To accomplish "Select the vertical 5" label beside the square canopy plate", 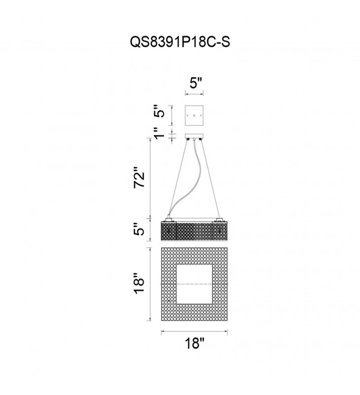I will tap(158, 116).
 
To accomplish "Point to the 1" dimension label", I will tap(158, 135).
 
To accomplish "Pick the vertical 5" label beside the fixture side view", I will tap(141, 230).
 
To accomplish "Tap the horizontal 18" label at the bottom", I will tap(194, 344).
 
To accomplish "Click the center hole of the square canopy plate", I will tap(195, 116).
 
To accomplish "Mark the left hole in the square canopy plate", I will tap(188, 116).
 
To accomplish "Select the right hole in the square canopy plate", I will tap(202, 116).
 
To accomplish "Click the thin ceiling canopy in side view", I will tap(195, 137).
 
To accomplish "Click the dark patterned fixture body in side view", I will tap(194, 231).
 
